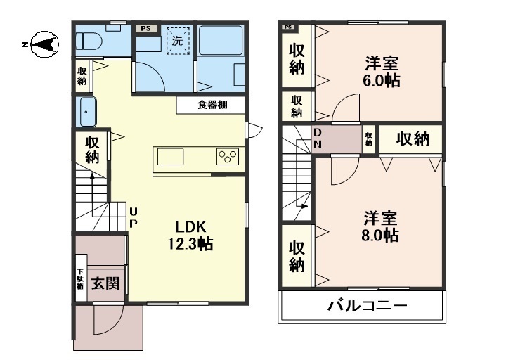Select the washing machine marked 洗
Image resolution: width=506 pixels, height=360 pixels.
(x=176, y=41)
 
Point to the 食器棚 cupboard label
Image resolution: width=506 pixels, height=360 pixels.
(x=211, y=105)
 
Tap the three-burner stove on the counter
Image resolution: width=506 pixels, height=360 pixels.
(x=228, y=156)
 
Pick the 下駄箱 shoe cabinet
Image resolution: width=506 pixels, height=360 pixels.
(x=80, y=282)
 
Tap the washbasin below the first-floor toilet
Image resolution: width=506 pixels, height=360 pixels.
(x=86, y=112)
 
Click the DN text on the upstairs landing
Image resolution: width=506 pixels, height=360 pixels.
(x=318, y=139)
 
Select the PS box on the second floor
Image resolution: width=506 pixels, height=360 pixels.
(x=287, y=27)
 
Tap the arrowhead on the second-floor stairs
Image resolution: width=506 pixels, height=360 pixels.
(x=304, y=206)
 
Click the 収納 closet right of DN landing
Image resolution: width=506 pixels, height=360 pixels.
(x=412, y=139)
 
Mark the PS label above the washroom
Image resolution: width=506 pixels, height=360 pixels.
(x=145, y=28)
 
